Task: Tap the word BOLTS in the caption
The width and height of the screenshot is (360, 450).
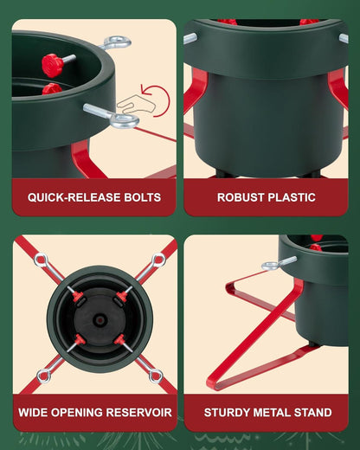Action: pyautogui.click(x=142, y=197)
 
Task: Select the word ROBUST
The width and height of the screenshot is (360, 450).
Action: pyautogui.click(x=241, y=197)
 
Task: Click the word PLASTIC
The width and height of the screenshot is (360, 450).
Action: pyautogui.click(x=292, y=197)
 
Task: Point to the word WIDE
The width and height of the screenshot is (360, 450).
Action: pyautogui.click(x=33, y=413)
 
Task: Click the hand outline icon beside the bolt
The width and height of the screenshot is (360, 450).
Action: pyautogui.click(x=136, y=104)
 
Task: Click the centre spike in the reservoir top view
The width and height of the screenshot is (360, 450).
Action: pyautogui.click(x=100, y=320)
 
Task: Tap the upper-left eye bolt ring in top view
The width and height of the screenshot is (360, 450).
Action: pyautogui.click(x=40, y=260)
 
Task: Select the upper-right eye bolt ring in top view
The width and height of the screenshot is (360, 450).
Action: pyautogui.click(x=158, y=260)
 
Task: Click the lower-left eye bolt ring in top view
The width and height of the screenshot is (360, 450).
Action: pyautogui.click(x=44, y=376)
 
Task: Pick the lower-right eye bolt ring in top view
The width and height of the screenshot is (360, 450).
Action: pyautogui.click(x=156, y=376)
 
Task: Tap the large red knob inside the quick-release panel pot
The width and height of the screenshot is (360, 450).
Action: pyautogui.click(x=53, y=65)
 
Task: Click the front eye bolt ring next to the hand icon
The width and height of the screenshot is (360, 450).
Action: pyautogui.click(x=125, y=121)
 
